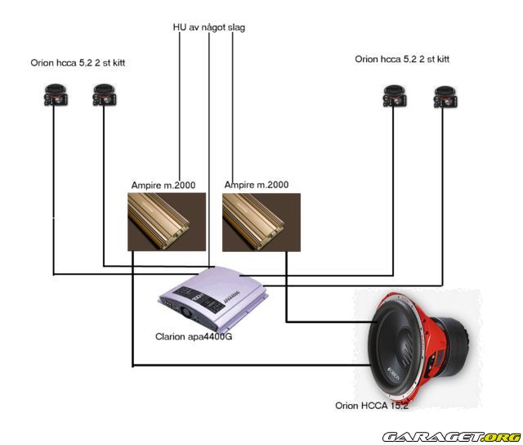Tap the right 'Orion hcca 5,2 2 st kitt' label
(x=402, y=59)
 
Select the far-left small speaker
(x=55, y=97)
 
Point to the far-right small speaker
(x=445, y=97)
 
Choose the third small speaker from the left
(x=394, y=97)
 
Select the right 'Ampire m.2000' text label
(x=257, y=186)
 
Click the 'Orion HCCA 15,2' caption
(x=371, y=405)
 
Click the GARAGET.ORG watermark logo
(x=452, y=437)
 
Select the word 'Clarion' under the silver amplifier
(x=172, y=336)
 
